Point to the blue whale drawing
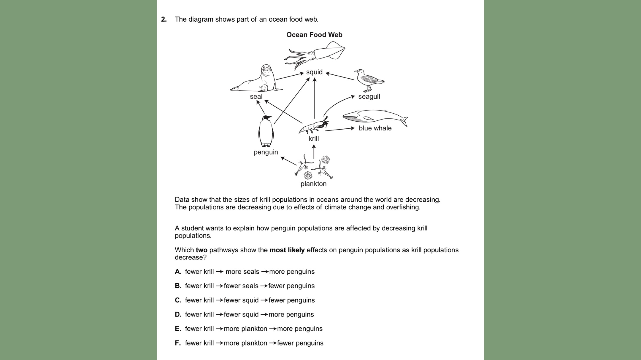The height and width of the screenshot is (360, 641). tap(375, 117)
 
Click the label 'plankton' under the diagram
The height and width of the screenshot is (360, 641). tap(313, 184)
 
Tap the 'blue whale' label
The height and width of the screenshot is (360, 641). tap(375, 128)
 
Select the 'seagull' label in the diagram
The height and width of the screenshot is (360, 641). tap(369, 97)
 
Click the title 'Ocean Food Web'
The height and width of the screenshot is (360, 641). tap(314, 35)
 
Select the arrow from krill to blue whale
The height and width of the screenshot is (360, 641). tap(339, 129)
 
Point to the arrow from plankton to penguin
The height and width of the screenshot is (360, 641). tap(288, 161)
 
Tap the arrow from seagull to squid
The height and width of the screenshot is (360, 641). tap(340, 76)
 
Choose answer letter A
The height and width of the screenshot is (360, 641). tap(178, 272)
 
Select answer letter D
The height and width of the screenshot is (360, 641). tap(178, 314)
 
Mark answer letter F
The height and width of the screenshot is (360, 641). tap(177, 343)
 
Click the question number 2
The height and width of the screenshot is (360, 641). tap(164, 19)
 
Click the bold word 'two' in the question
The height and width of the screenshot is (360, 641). tap(201, 250)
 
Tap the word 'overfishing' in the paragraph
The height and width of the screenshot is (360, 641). tap(402, 207)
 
